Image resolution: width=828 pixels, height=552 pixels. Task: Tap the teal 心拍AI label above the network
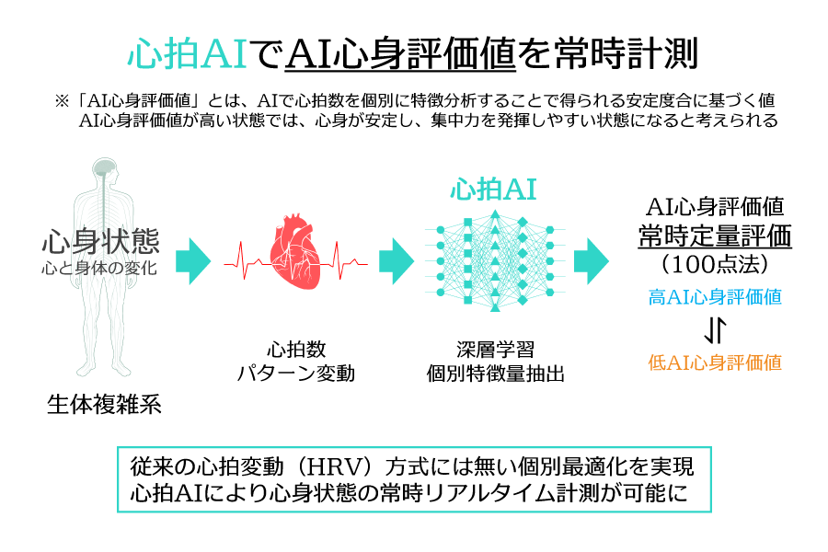pyautogui.click(x=493, y=190)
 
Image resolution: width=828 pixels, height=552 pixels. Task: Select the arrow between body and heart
pyautogui.click(x=193, y=261)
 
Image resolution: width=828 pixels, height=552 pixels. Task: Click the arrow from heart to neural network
pyautogui.click(x=397, y=261)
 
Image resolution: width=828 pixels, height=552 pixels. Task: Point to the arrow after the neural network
pyautogui.click(x=592, y=261)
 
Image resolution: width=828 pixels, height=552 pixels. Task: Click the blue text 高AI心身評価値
pyautogui.click(x=715, y=297)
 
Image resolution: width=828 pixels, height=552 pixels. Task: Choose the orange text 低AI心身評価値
pyautogui.click(x=715, y=362)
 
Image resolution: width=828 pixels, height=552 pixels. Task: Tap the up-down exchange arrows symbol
pyautogui.click(x=716, y=329)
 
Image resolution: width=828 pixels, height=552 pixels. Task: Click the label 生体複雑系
pyautogui.click(x=104, y=405)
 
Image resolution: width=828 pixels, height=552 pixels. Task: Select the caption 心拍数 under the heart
pyautogui.click(x=296, y=350)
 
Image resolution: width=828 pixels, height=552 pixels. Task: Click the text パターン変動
pyautogui.click(x=295, y=374)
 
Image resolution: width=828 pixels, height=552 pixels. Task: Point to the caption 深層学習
pyautogui.click(x=495, y=350)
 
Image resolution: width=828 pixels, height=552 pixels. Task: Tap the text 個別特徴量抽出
pyautogui.click(x=495, y=374)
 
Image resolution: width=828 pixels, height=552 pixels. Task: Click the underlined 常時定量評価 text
pyautogui.click(x=715, y=236)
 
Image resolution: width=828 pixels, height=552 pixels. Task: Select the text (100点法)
pyautogui.click(x=715, y=264)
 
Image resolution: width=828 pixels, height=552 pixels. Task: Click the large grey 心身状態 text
pyautogui.click(x=100, y=241)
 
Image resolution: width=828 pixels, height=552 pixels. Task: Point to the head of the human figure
pyautogui.click(x=105, y=171)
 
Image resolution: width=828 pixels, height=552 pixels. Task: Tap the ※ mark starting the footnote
pyautogui.click(x=62, y=100)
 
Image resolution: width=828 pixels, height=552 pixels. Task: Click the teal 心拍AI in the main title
pyautogui.click(x=188, y=53)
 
